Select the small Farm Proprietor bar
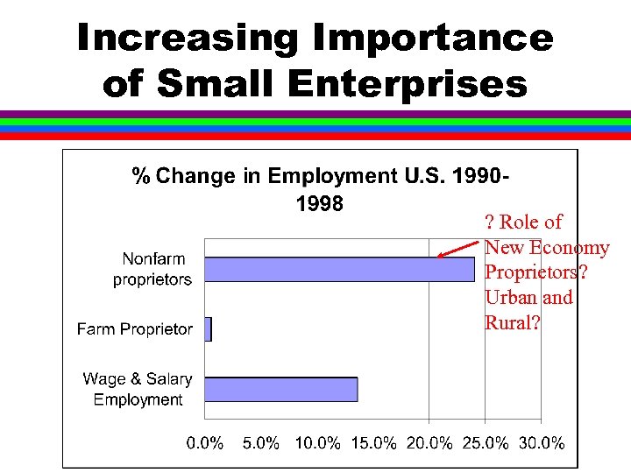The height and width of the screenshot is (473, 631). tap(208, 329)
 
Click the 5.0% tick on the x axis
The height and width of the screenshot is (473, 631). tap(261, 443)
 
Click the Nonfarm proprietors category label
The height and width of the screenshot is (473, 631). tap(152, 269)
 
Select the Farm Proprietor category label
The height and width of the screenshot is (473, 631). tap(135, 329)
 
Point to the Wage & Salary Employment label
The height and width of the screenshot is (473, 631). tap(138, 389)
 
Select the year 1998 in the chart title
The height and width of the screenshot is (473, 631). tap(314, 204)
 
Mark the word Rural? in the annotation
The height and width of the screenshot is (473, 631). tap(513, 322)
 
